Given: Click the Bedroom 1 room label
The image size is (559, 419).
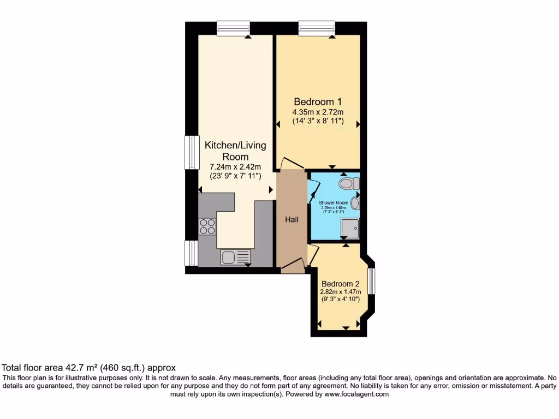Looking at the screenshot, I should tap(318, 101).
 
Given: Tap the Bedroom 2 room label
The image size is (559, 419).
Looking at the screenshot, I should tap(340, 284).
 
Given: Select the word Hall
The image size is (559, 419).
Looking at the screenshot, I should tap(292, 219).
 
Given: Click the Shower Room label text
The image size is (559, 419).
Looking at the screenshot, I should tap(334, 202).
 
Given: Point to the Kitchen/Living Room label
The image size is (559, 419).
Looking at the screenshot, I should tap(235, 151).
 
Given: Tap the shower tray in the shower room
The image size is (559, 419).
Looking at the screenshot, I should tap(350, 229).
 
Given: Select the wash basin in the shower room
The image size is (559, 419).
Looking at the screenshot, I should tap(355, 203).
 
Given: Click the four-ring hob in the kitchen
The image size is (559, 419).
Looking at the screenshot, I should tap(207, 226).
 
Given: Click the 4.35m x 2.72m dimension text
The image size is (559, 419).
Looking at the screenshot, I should tap(318, 112).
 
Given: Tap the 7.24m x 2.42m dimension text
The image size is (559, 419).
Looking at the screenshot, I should tap(235, 167).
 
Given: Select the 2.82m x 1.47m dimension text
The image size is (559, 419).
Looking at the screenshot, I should tap(340, 292).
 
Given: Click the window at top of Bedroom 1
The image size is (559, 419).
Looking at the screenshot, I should tap(317, 28).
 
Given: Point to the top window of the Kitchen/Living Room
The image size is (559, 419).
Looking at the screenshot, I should tap(233, 28).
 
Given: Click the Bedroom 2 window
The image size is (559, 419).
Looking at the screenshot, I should tap(371, 282).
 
